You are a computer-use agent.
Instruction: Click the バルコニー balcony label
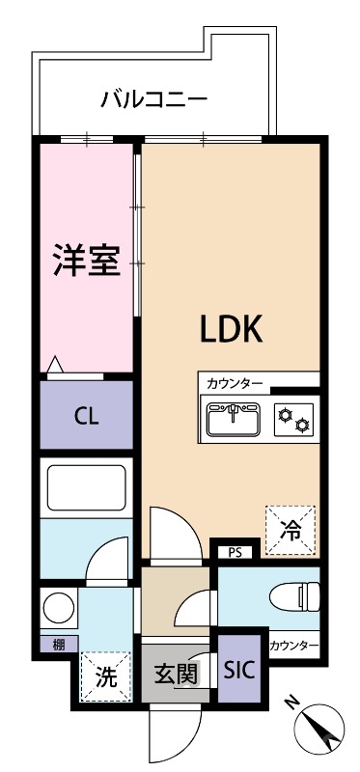pyautogui.click(x=154, y=98)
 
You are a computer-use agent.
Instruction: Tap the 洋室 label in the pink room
pyautogui.click(x=86, y=260)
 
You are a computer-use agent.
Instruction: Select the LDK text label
pyautogui.click(x=231, y=330)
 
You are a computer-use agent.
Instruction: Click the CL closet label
pyautogui.click(x=87, y=417)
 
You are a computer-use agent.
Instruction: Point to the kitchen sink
pyautogui.click(x=232, y=420)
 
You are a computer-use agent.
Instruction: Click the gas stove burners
pyautogui.click(x=293, y=420)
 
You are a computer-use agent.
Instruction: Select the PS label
pyautogui.click(x=235, y=553)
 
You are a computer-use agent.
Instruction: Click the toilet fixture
pyautogui.click(x=291, y=597)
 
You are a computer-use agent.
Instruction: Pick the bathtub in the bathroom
pyautogui.click(x=87, y=490)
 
